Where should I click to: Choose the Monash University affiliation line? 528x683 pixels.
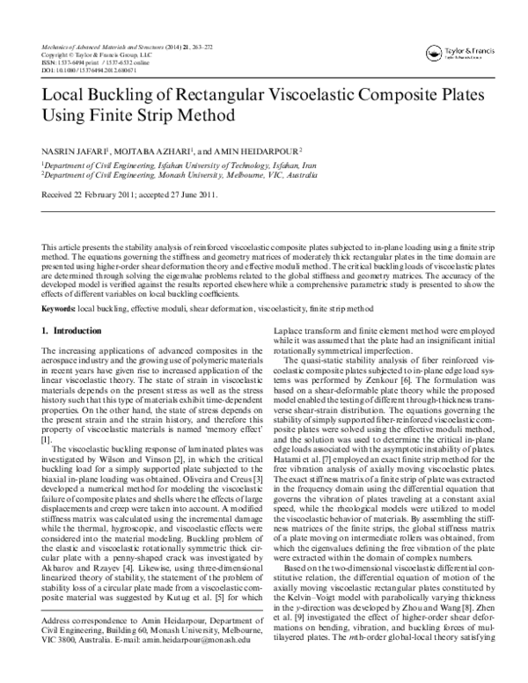[176, 174]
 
